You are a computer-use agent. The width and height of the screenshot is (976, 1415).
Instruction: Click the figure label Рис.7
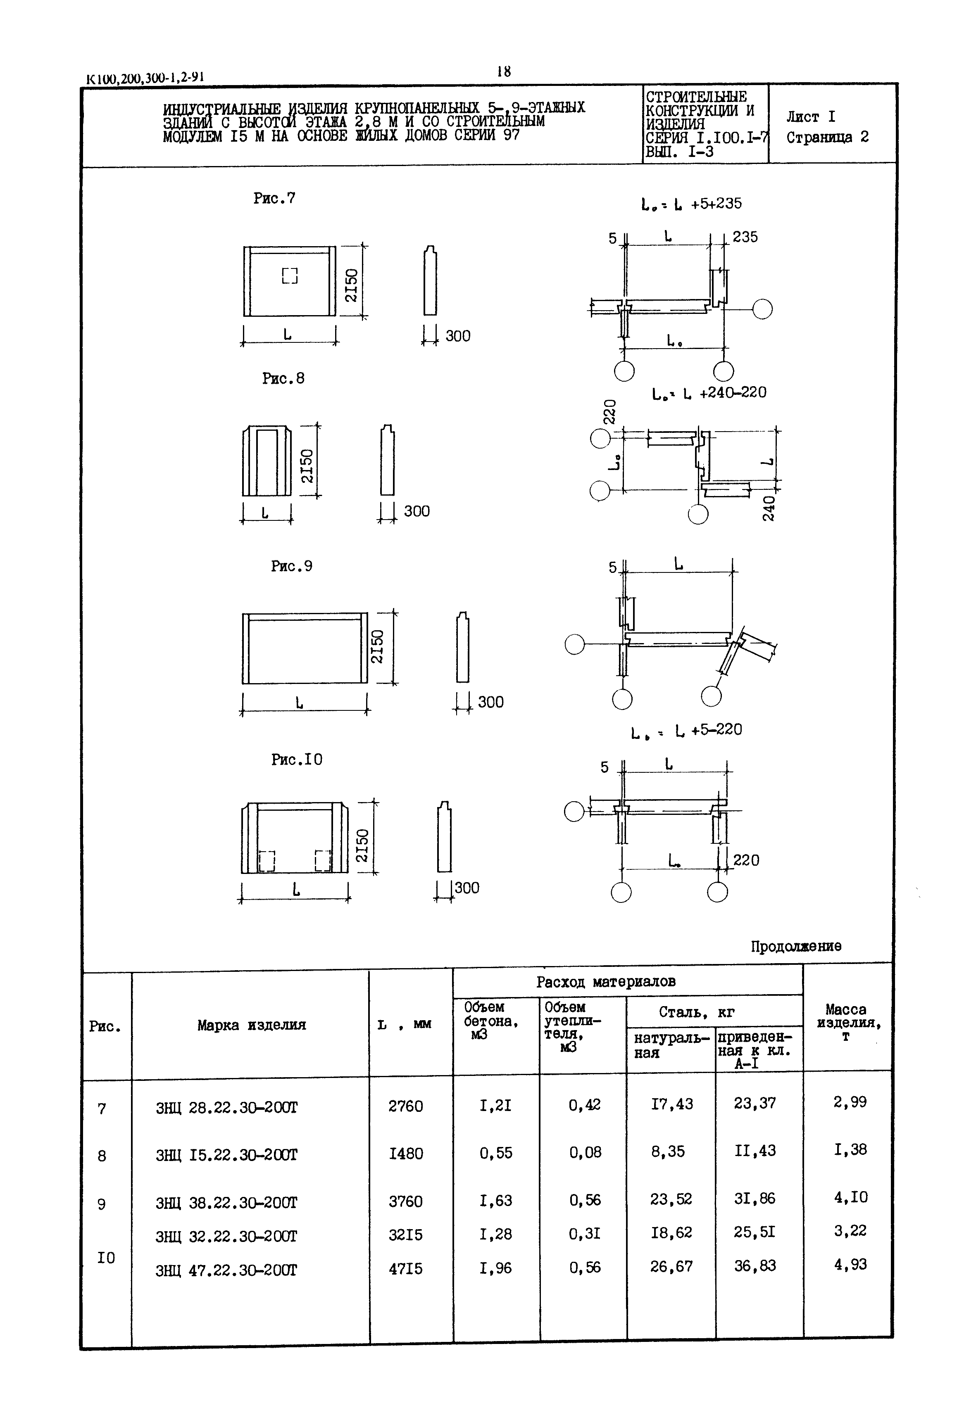point(274,198)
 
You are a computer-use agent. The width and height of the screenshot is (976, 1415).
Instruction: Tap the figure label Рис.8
point(283,378)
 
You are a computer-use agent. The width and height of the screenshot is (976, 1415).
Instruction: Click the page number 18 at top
point(503,71)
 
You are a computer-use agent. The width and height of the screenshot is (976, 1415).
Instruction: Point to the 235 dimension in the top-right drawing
point(745,237)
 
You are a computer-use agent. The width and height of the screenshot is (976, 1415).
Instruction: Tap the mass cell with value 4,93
point(850,1264)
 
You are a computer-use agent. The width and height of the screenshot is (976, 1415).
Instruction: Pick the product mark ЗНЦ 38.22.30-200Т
point(226,1202)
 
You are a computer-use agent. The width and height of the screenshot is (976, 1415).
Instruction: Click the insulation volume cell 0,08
point(585,1152)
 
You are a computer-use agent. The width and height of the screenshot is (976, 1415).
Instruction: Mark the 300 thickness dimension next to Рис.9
point(490,702)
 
